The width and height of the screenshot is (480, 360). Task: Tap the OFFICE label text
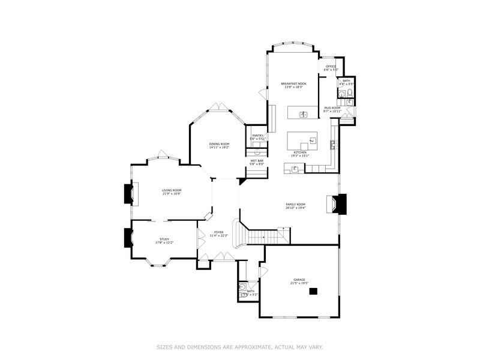(x=331, y=66)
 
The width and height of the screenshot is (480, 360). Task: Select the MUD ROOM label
(x=332, y=107)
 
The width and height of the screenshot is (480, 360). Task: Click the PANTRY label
(x=258, y=136)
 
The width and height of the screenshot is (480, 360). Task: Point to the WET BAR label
(x=257, y=161)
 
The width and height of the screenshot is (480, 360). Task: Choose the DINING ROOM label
(x=219, y=143)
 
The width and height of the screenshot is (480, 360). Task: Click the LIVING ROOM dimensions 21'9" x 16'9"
(x=172, y=194)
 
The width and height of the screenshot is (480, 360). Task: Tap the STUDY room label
(x=164, y=239)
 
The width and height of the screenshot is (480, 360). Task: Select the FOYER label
(x=219, y=232)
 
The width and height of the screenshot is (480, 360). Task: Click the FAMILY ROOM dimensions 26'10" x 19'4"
(x=296, y=208)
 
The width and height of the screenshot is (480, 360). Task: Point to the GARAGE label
(x=299, y=279)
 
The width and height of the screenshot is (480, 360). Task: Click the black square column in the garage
(x=313, y=292)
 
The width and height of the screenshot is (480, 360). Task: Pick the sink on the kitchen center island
(x=312, y=142)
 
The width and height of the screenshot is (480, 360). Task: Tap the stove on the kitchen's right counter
(x=332, y=144)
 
